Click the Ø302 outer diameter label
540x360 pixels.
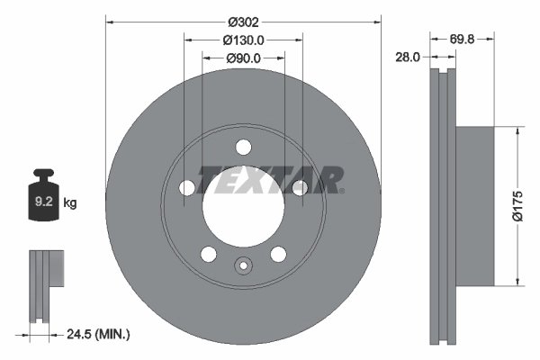tap(243, 20)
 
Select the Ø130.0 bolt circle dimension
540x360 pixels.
tap(243, 40)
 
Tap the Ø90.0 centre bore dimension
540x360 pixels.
tap(243, 58)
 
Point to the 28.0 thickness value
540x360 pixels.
tap(408, 57)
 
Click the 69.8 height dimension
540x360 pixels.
tap(463, 39)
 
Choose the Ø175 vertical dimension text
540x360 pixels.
tap(517, 204)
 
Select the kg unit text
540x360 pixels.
tap(70, 203)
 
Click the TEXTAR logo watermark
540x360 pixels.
tap(270, 179)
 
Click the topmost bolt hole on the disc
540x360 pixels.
tap(243, 147)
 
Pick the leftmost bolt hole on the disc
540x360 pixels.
tap(187, 187)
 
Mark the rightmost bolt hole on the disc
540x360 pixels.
tap(300, 187)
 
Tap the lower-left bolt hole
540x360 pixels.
tap(209, 254)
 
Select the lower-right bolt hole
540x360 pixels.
tap(278, 254)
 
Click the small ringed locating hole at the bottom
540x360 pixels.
tap(243, 265)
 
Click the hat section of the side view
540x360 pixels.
tap(475, 205)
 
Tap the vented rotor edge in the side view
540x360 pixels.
tap(442, 205)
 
